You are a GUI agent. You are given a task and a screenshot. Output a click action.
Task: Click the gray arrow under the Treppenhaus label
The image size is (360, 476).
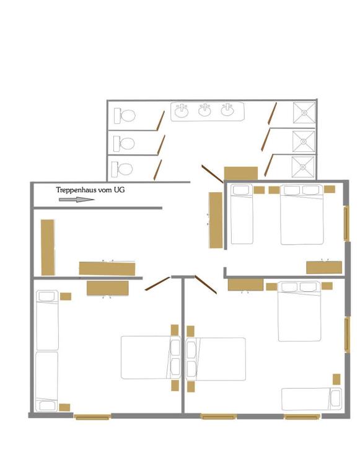76,200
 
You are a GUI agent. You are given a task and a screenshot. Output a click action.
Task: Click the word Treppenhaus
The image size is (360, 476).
76,190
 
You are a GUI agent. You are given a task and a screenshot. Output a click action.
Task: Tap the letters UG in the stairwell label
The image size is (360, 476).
120,190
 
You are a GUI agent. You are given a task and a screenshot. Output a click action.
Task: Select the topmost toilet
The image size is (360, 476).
125,116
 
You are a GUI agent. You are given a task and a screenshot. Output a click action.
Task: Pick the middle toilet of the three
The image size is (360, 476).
124,144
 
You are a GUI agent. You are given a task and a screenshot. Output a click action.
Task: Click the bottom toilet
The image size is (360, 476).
122,169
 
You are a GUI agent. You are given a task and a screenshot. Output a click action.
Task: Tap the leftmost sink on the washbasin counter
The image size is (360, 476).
182,112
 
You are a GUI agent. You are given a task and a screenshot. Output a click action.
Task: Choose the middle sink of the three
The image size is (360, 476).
206,110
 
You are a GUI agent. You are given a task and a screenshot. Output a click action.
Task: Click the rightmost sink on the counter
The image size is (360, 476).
227,110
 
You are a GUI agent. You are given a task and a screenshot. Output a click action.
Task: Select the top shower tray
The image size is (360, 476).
304,113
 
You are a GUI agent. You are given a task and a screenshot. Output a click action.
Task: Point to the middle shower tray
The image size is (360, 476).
303,141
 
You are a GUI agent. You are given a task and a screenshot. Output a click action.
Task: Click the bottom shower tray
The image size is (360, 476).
302,167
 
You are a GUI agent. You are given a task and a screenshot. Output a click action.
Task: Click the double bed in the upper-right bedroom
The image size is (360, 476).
302,214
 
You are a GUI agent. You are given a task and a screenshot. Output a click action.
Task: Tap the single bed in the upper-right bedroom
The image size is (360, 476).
242,214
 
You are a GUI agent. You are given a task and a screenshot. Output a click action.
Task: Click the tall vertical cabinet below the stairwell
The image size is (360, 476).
48,247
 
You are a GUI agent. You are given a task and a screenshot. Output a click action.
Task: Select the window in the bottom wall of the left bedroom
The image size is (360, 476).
92,416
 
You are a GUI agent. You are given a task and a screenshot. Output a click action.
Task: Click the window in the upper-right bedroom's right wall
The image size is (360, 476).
346,223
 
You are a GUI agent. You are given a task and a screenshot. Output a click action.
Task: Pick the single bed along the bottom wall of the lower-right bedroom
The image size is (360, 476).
312,399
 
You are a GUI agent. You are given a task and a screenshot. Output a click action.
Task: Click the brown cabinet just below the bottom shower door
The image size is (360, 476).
241,173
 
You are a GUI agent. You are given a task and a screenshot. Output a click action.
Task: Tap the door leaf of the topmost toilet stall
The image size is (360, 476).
160,121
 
